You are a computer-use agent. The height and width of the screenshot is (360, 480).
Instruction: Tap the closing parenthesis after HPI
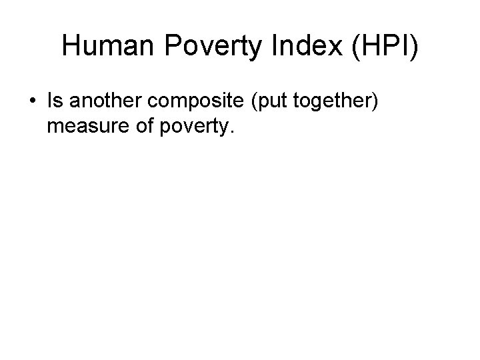[x=413, y=47]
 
